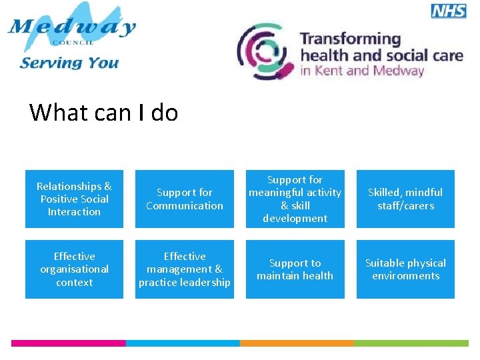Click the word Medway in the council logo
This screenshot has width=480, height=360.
pos(72,28)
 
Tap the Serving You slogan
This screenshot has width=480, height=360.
pos(69,63)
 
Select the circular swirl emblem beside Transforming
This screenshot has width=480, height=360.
pos(265,51)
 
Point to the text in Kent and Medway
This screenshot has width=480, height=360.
pos(362,71)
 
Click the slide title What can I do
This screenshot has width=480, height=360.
pos(103,112)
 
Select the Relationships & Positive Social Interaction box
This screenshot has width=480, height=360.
pos(74,199)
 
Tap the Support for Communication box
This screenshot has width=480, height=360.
pos(185,199)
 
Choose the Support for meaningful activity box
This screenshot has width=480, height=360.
pos(295,199)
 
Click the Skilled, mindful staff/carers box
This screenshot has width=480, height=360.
pos(405,199)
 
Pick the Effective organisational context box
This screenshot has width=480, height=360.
pos(74,269)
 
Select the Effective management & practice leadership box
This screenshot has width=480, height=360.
pos(185,269)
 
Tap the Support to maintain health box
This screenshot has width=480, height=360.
pos(295,269)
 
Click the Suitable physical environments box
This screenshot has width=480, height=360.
pos(405,269)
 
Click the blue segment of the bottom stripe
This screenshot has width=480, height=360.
pos(183,343)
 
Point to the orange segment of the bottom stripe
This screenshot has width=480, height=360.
pos(297,343)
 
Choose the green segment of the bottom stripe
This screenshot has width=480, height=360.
pos(411,343)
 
